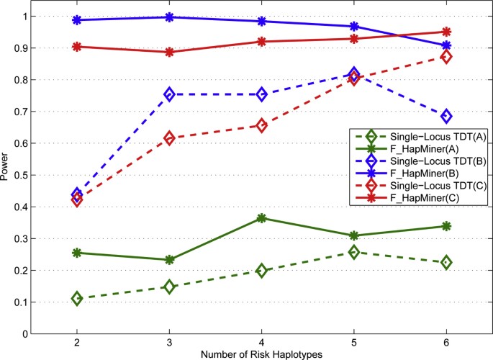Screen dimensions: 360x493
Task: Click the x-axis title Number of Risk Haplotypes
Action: coord(261,354)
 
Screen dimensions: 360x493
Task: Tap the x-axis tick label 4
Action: coord(261,342)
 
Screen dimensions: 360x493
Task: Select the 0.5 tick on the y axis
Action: coord(24,175)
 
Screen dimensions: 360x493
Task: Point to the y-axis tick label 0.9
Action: coord(24,48)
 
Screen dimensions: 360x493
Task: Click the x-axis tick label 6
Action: coord(446,342)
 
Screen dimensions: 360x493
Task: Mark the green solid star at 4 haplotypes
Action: coord(261,218)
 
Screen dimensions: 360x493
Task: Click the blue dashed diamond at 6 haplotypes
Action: coord(446,116)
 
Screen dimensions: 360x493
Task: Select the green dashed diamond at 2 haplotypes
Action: coord(76,298)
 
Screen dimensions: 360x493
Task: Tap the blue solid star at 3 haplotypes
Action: coord(169,17)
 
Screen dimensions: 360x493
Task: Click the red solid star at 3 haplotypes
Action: coord(169,53)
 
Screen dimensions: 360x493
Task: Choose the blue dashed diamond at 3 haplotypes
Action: coord(169,94)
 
